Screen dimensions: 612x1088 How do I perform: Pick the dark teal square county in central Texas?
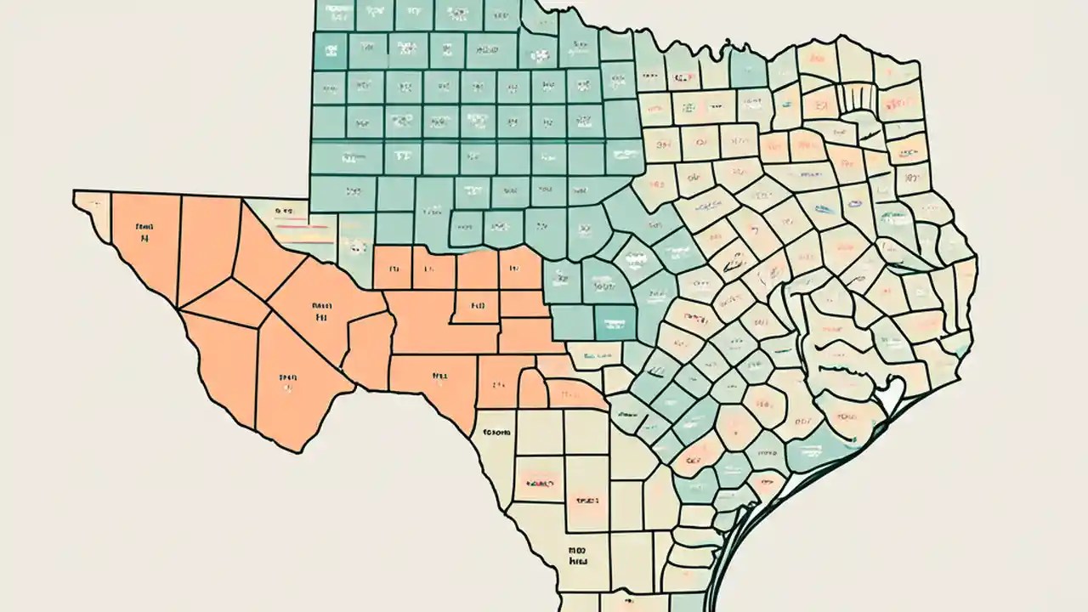(x=615, y=322)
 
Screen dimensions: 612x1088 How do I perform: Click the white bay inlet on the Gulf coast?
(x=889, y=396)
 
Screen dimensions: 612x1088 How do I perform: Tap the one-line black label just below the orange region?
(x=496, y=433)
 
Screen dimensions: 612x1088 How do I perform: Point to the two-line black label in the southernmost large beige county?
(x=578, y=556)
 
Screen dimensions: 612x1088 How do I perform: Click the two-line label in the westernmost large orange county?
(x=144, y=233)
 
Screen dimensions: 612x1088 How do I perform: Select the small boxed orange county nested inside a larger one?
(x=474, y=303)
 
